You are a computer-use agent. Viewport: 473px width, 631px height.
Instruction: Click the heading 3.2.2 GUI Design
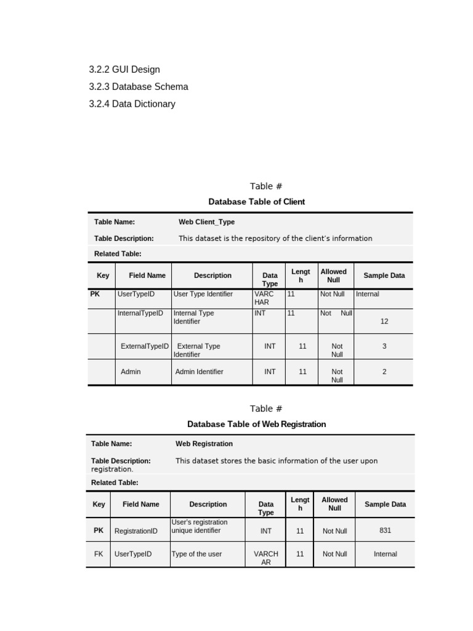point(124,70)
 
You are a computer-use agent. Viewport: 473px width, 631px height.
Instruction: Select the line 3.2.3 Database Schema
point(139,87)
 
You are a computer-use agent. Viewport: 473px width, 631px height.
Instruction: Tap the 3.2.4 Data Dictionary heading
point(132,104)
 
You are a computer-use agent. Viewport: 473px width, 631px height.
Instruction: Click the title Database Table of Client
point(256,202)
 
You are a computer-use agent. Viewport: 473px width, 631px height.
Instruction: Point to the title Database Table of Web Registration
point(256,424)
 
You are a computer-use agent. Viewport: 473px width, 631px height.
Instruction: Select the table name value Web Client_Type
point(206,222)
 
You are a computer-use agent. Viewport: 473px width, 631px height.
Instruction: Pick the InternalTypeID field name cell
point(140,313)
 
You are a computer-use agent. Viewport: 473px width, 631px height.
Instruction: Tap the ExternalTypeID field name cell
point(145,346)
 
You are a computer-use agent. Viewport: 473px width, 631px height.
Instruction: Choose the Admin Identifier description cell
point(199,372)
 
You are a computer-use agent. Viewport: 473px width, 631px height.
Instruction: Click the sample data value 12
point(384,321)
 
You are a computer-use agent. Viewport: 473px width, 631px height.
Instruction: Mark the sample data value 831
point(385,530)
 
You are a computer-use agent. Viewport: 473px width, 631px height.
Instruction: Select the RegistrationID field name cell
point(136,531)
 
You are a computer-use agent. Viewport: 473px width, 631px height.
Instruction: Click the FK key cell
point(99,554)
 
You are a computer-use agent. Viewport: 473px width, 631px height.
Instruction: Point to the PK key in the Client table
point(95,294)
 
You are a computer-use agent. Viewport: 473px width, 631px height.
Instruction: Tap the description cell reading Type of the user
point(196,554)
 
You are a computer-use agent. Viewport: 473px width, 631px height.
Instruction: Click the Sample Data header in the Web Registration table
point(385,504)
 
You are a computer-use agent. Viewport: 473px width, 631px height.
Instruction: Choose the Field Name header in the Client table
point(147,275)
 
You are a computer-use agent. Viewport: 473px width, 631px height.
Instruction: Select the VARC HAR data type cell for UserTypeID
point(264,298)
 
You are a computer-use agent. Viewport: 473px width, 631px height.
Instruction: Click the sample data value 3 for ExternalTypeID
point(384,346)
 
